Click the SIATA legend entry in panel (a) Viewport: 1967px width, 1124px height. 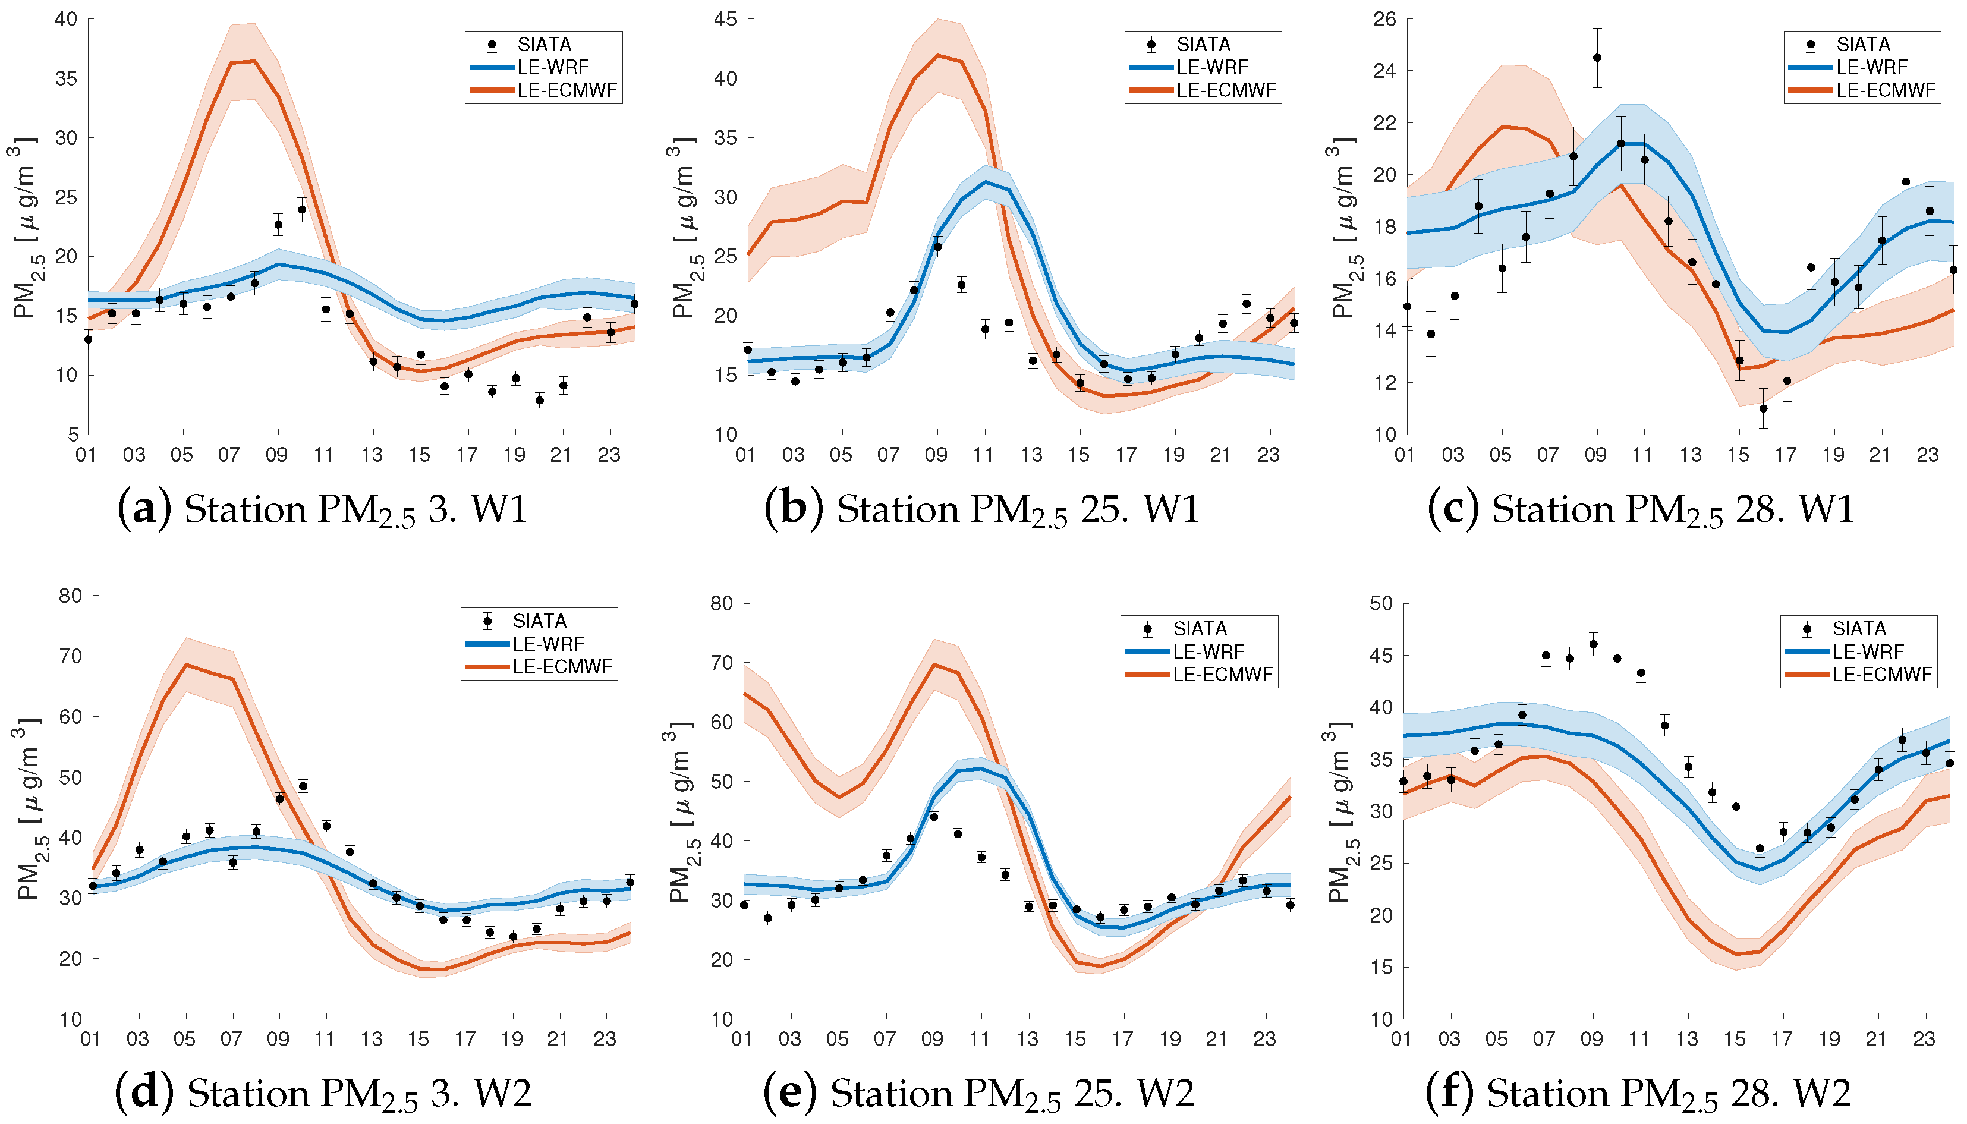point(543,44)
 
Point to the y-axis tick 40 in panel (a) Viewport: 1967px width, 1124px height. point(67,18)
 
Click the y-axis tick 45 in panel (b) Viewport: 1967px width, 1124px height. point(726,18)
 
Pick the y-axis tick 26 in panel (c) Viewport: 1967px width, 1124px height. point(1385,18)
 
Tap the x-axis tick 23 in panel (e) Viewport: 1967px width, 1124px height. point(1264,1039)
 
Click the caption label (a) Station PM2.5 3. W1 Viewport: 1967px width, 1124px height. point(322,509)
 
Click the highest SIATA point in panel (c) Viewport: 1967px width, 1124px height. point(1597,58)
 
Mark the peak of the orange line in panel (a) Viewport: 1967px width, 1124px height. point(254,61)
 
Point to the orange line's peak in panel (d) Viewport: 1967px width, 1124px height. point(186,664)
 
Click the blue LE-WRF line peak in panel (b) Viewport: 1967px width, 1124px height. point(985,182)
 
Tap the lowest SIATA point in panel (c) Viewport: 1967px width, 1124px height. point(1763,408)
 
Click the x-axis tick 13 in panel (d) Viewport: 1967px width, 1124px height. point(372,1039)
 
